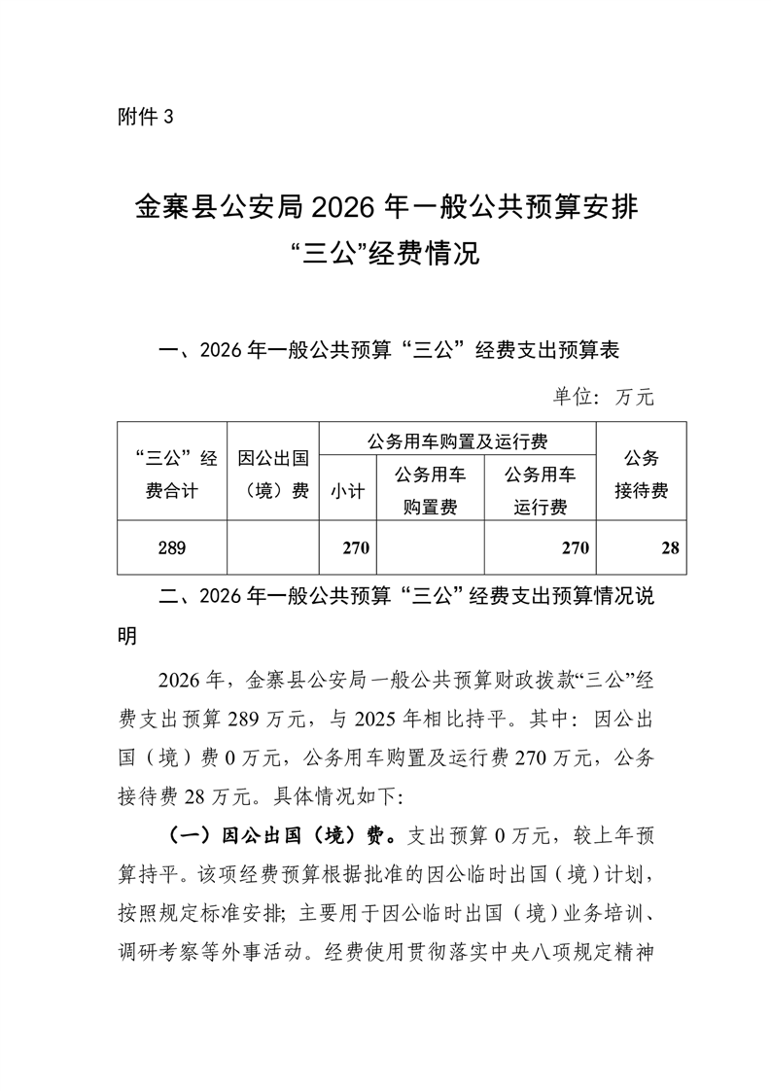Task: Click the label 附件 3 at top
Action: pyautogui.click(x=144, y=118)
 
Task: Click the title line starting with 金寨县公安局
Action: pyautogui.click(x=386, y=206)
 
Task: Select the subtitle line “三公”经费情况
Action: pyautogui.click(x=386, y=256)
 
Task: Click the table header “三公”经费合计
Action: pyautogui.click(x=172, y=474)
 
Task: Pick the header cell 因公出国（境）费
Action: pyautogui.click(x=273, y=474)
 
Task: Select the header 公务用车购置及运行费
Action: pyautogui.click(x=457, y=442)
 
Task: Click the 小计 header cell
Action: pyautogui.click(x=347, y=491)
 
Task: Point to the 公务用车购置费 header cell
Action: pyautogui.click(x=430, y=491)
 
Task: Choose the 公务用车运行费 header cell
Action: pyautogui.click(x=541, y=491)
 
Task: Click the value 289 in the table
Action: pyautogui.click(x=171, y=548)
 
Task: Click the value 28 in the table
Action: pyautogui.click(x=669, y=548)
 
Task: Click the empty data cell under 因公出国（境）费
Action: pyautogui.click(x=273, y=548)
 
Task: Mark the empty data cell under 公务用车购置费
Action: pyautogui.click(x=430, y=548)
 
